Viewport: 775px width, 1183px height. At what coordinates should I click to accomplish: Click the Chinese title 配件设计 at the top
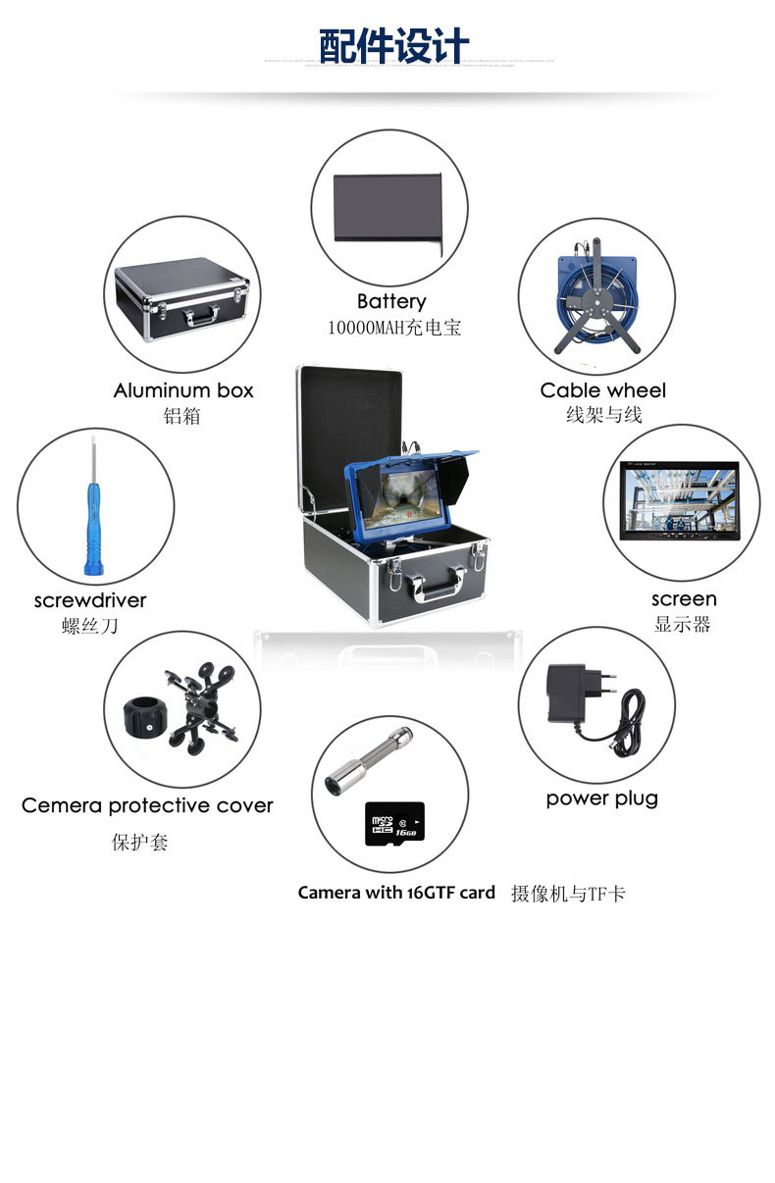[x=393, y=45]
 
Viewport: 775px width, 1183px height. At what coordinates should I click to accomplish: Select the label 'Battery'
[x=390, y=301]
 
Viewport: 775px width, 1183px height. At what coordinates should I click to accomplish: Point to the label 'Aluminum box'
[x=183, y=390]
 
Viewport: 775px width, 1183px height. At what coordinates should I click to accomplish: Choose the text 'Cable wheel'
[x=602, y=390]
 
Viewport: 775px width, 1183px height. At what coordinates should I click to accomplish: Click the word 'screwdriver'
[x=90, y=599]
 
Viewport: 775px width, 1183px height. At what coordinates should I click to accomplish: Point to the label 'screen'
[x=684, y=598]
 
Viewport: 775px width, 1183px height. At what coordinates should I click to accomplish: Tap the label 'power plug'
[x=601, y=798]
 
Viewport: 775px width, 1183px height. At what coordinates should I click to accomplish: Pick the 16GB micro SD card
[x=393, y=823]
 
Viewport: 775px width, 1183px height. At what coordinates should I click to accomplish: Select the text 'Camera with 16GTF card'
[x=396, y=893]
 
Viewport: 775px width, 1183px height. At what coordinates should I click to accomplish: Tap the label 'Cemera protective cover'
[x=147, y=805]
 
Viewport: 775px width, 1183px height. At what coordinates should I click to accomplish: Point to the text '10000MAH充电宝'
[x=394, y=328]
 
